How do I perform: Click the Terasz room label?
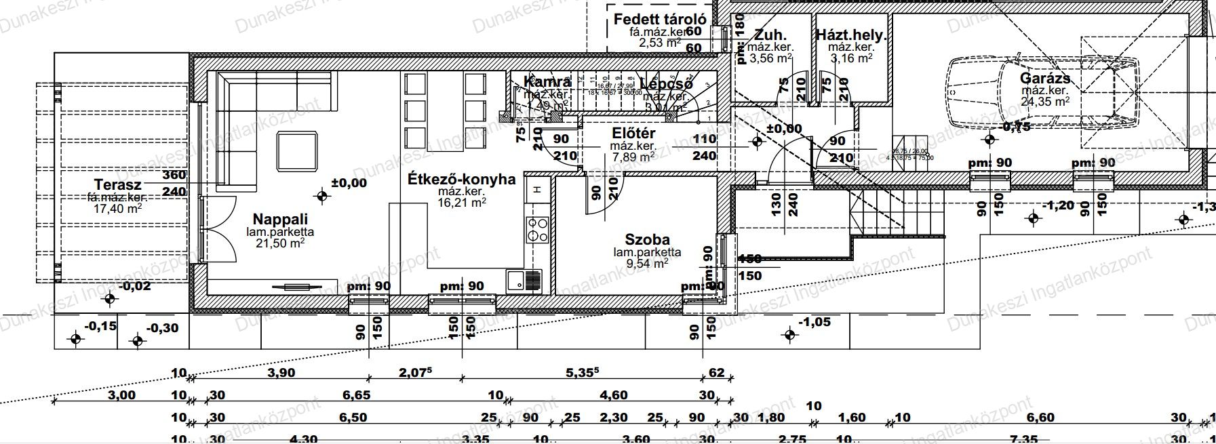118,184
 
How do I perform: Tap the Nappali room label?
280,220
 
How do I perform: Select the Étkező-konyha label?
462,180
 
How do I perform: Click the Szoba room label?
647,240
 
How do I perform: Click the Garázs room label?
1045,79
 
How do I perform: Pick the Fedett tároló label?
661,19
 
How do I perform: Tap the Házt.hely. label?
851,35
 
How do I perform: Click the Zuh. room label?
770,35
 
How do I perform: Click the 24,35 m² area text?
1045,102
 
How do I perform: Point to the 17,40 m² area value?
118,209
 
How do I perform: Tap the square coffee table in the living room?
297,153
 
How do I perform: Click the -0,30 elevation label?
163,328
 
